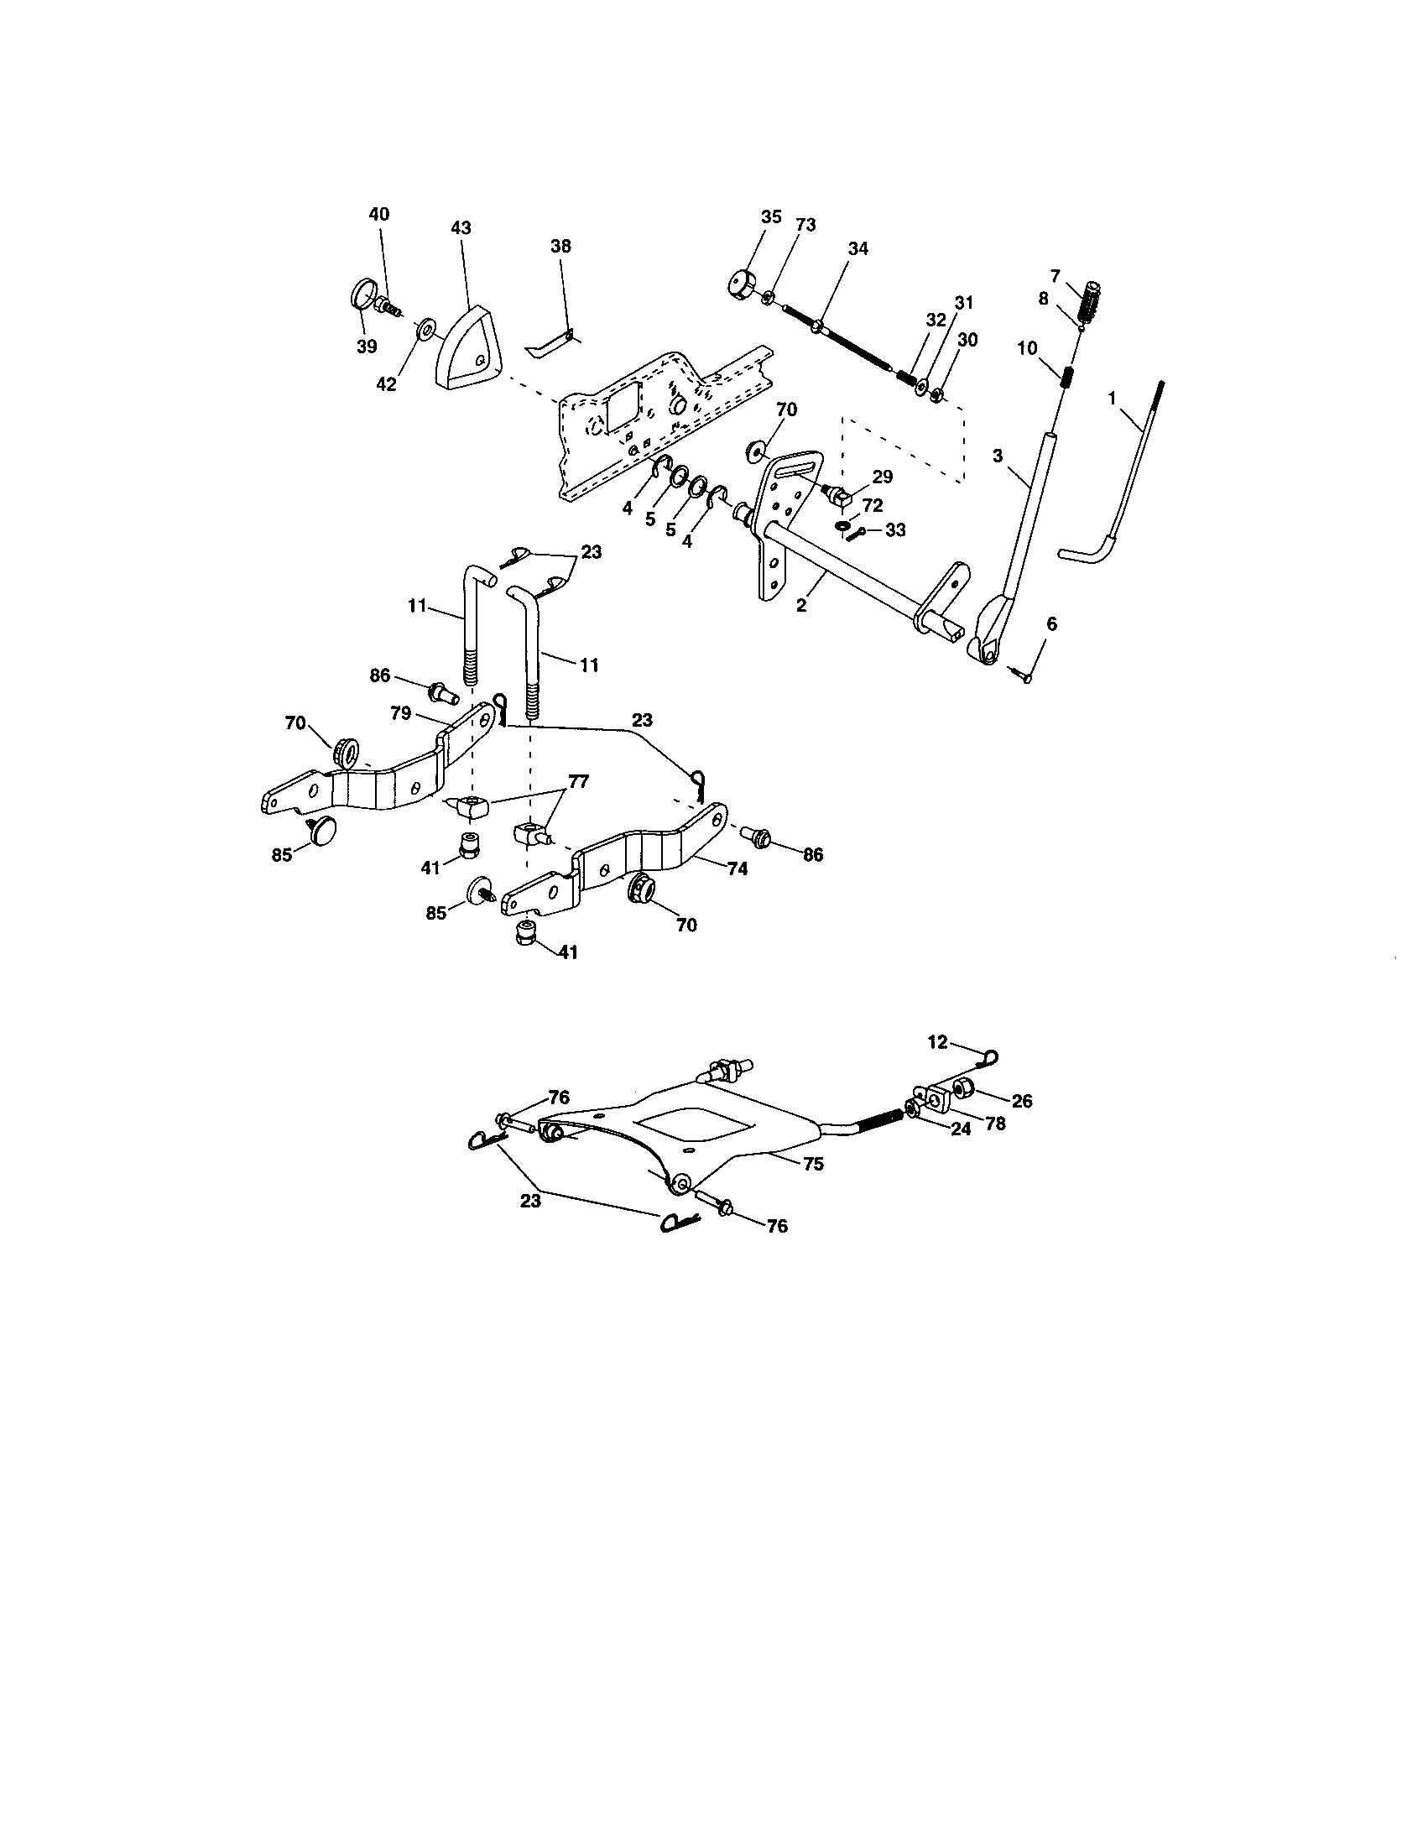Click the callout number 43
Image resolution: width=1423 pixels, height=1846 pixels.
pos(461,228)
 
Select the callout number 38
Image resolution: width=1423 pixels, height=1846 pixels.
pos(560,246)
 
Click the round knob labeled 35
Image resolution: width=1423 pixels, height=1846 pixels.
pos(741,282)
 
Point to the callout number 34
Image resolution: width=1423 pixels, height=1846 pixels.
pos(858,248)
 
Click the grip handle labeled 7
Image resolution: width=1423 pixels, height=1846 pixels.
pos(1093,300)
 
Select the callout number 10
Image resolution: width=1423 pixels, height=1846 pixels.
pos(1027,348)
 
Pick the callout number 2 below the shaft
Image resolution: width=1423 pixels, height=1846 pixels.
pos(801,605)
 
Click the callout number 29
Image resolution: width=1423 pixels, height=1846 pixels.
pos(882,477)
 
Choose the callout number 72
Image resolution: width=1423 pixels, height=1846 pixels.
pos(873,504)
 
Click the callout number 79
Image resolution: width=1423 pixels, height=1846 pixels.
pos(400,712)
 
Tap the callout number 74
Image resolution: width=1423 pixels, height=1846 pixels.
pos(738,868)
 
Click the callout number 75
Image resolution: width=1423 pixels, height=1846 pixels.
pos(813,1163)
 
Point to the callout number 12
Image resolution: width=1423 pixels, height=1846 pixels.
pos(938,1042)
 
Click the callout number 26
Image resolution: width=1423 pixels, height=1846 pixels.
pos(1022,1101)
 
